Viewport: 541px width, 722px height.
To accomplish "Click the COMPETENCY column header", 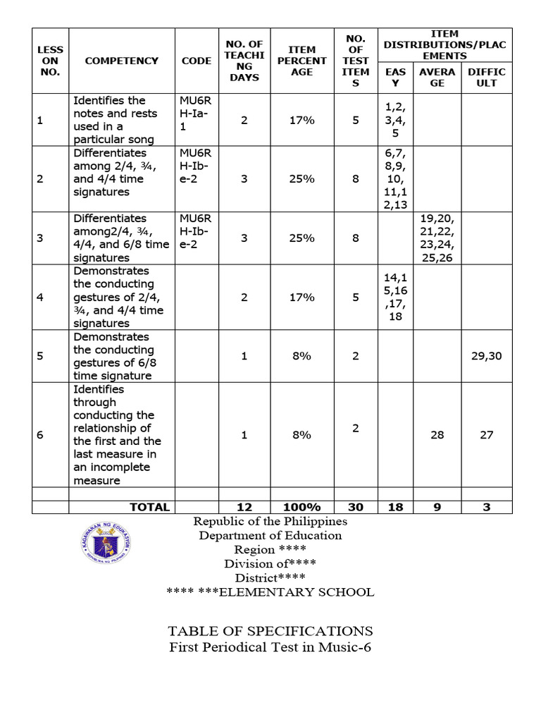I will pyautogui.click(x=121, y=61).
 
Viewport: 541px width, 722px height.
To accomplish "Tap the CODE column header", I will pyautogui.click(x=196, y=61).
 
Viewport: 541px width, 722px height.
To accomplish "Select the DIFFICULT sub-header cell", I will pyautogui.click(x=487, y=78).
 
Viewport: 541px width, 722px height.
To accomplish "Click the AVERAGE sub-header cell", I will pyautogui.click(x=437, y=78).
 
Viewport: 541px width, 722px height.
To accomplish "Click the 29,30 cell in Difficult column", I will pyautogui.click(x=487, y=356).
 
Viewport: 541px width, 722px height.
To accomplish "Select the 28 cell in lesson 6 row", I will pyautogui.click(x=437, y=435).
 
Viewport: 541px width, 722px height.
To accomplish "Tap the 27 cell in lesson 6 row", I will pyautogui.click(x=487, y=435).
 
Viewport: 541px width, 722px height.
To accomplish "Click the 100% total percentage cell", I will pyautogui.click(x=301, y=507).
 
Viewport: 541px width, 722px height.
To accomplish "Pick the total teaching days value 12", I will pyautogui.click(x=244, y=507).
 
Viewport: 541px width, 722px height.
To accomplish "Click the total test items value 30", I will pyautogui.click(x=355, y=507).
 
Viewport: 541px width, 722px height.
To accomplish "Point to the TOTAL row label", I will pyautogui.click(x=149, y=507).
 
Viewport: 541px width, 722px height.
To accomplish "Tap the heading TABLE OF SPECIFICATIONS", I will pyautogui.click(x=270, y=631).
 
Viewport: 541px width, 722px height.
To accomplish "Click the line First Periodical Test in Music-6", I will pyautogui.click(x=270, y=647).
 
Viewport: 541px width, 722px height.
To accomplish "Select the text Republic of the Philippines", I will pyautogui.click(x=270, y=522).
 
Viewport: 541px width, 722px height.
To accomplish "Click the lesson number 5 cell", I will pyautogui.click(x=40, y=356).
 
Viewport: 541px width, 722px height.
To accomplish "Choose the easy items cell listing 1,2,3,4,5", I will pyautogui.click(x=395, y=120).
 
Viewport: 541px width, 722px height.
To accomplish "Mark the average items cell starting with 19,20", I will pyautogui.click(x=437, y=238).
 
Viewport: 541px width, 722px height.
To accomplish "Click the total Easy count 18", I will pyautogui.click(x=395, y=507).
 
